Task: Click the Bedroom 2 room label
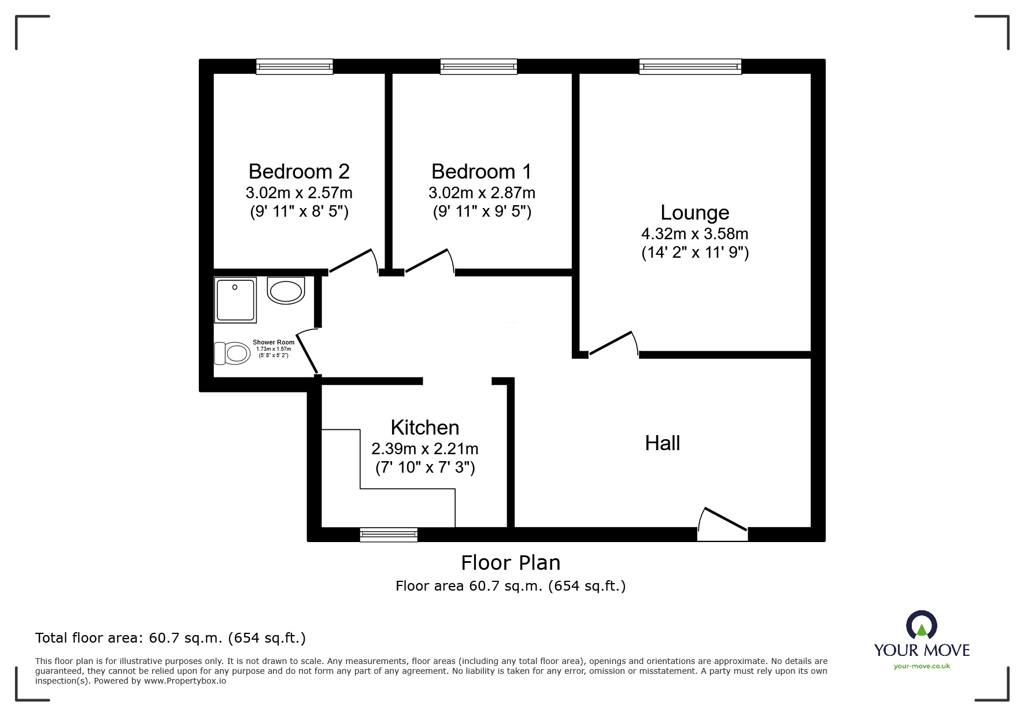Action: [x=299, y=172]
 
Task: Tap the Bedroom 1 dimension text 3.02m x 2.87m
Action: [x=482, y=192]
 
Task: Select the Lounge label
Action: [x=694, y=213]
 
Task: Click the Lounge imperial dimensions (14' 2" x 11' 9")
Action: [x=694, y=253]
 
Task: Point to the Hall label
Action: [x=662, y=443]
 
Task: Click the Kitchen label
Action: [x=425, y=428]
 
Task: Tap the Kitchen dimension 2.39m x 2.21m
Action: [x=425, y=448]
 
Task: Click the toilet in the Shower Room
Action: [x=232, y=353]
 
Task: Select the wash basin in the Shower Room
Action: [x=286, y=290]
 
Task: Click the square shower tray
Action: [x=235, y=300]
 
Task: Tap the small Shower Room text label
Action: [x=273, y=342]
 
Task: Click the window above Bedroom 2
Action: [x=295, y=67]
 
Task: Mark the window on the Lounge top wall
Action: [x=690, y=67]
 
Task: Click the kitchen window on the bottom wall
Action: [x=389, y=535]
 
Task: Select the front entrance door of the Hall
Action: [x=723, y=524]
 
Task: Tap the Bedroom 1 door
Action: [x=430, y=261]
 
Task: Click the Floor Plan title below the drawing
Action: [x=511, y=563]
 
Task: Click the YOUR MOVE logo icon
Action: [x=921, y=625]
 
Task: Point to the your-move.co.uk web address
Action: [x=922, y=666]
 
